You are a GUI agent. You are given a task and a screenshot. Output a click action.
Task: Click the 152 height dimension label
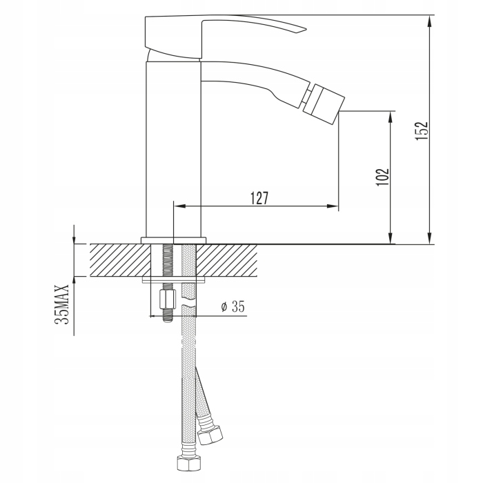422,131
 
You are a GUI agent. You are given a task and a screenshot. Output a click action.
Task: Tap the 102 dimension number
382,177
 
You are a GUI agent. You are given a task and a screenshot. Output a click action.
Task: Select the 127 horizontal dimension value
259,198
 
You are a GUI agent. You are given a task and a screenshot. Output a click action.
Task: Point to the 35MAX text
61,304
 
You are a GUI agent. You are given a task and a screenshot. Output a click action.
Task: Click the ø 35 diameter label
233,306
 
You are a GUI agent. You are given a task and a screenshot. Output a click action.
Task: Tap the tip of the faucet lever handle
306,30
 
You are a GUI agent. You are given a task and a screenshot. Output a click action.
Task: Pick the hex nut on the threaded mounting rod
167,300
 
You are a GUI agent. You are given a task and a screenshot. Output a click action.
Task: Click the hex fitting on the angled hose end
210,435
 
